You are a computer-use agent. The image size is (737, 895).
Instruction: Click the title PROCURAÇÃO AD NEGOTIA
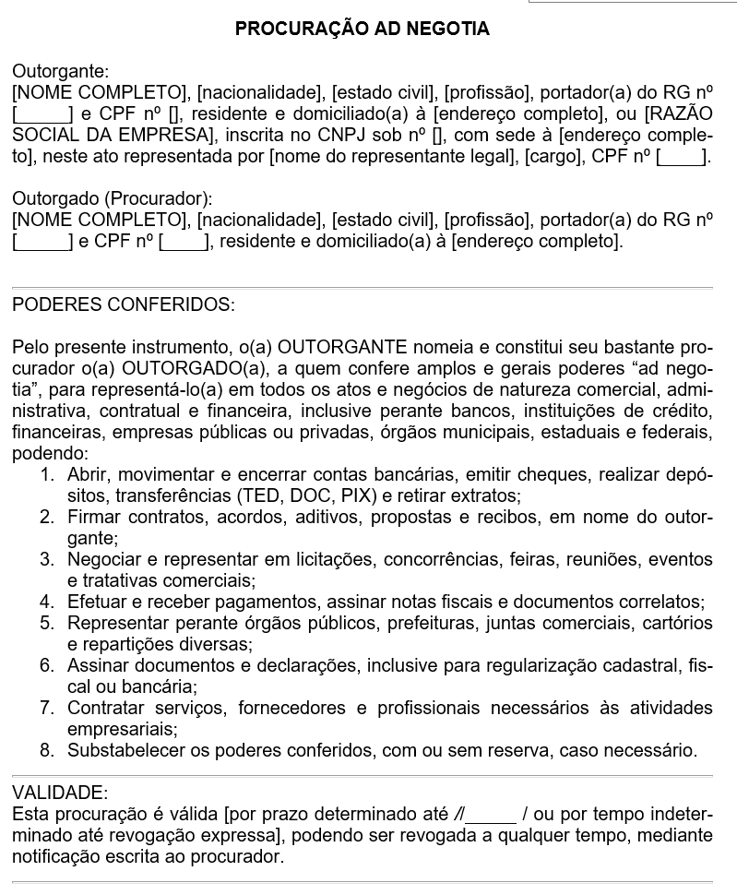(x=363, y=29)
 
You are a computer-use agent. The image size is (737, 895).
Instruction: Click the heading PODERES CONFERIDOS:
(x=124, y=304)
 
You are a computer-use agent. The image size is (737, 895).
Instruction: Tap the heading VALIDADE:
(x=60, y=793)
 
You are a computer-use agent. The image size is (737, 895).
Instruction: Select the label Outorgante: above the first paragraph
(x=60, y=71)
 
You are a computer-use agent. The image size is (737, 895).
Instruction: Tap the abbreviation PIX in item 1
(x=352, y=495)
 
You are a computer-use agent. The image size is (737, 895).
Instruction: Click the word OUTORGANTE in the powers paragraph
(x=342, y=347)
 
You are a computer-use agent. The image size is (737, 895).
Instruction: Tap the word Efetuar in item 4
(x=95, y=602)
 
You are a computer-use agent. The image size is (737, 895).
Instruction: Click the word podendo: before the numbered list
(x=50, y=453)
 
